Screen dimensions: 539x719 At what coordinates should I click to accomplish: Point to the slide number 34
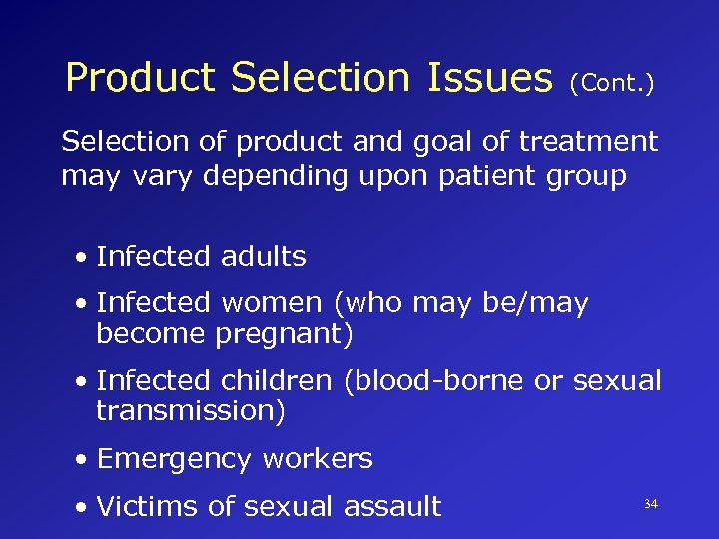coord(651,505)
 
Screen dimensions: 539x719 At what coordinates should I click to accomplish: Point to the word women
coord(272,302)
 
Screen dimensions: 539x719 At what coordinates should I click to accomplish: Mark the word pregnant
coord(284,334)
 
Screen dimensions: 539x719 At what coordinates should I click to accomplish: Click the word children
coord(277,380)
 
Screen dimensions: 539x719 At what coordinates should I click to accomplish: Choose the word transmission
coord(191,411)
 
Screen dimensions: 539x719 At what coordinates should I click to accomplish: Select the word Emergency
coord(175,459)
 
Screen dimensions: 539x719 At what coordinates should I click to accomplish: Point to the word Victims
coord(148,506)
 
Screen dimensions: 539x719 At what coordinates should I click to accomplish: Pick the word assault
coord(391,506)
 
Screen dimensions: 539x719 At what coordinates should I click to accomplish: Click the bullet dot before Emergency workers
coord(81,460)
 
